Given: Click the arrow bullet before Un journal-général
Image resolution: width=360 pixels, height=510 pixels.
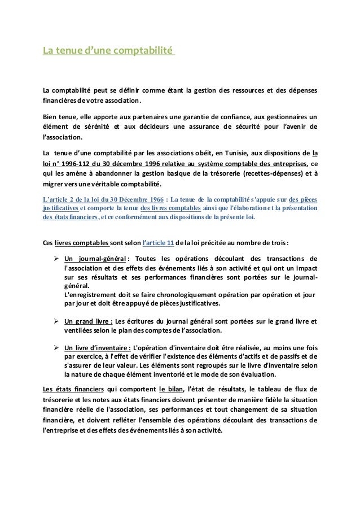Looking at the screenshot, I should click(56, 259).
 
